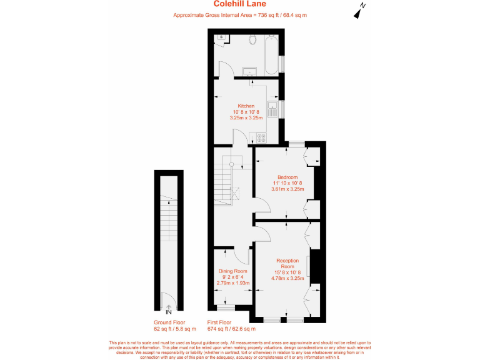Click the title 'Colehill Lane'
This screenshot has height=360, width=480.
(x=240, y=4)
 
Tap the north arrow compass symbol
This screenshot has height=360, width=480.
(x=359, y=11)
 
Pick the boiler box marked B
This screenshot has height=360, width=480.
(x=221, y=37)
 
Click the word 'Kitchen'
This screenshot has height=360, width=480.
(x=246, y=106)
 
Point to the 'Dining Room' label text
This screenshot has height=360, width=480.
(x=232, y=271)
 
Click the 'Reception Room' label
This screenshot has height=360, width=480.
(x=287, y=263)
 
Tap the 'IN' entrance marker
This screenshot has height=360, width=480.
(x=167, y=312)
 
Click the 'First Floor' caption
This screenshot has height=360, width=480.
(x=222, y=322)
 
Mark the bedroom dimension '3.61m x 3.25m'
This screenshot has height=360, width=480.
(x=287, y=189)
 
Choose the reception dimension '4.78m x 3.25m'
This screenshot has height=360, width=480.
(x=287, y=278)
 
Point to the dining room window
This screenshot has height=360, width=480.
(x=225, y=307)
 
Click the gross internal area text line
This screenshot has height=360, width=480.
(x=240, y=15)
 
